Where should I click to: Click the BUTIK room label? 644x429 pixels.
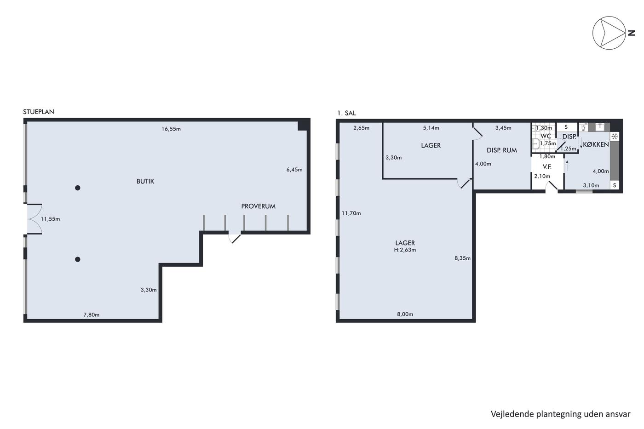click(145, 181)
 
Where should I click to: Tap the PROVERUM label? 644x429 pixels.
click(258, 206)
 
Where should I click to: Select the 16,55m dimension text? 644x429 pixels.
click(171, 129)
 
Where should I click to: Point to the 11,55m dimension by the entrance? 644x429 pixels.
click(50, 219)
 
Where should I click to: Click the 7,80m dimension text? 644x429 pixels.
click(92, 315)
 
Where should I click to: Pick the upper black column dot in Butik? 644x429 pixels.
click(78, 188)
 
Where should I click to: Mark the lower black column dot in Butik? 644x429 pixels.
click(78, 259)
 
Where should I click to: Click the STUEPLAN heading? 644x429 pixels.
click(39, 112)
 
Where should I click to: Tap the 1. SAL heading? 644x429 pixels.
click(346, 113)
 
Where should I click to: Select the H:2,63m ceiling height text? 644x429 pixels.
click(405, 250)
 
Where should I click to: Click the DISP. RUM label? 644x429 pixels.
click(502, 150)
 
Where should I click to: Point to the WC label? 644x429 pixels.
click(546, 136)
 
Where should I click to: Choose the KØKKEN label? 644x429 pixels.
click(596, 144)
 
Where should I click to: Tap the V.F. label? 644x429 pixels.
click(547, 166)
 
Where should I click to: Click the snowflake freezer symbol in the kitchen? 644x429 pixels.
click(615, 137)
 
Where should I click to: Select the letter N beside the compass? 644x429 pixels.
click(631, 33)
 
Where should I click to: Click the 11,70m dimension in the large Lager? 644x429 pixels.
click(351, 213)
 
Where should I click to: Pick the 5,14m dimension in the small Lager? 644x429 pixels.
click(431, 128)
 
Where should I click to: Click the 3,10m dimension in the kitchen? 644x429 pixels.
click(591, 186)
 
